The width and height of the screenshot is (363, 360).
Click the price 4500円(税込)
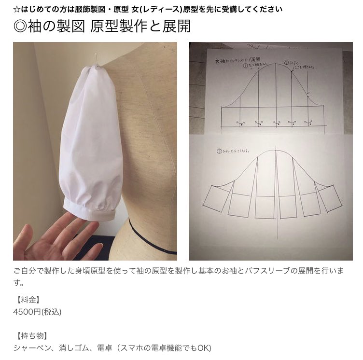(37, 312)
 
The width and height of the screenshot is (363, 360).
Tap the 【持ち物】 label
(32, 335)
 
